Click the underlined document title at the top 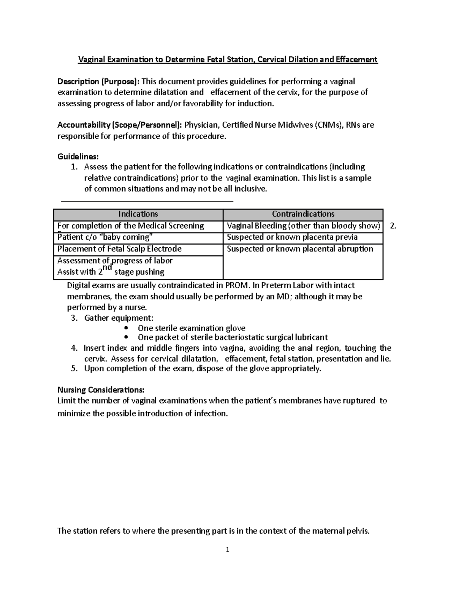point(228,60)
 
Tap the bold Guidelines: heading point(78,157)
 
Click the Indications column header point(138,214)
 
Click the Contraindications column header point(303,214)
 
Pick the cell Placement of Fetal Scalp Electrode point(119,249)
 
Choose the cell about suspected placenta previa point(292,237)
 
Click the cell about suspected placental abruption point(300,249)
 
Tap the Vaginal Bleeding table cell point(303,226)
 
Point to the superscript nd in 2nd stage point(108,268)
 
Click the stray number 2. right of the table point(393,226)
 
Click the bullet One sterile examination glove point(191,328)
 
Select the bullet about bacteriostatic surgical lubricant point(233,337)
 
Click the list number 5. point(74,369)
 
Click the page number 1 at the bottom point(227,550)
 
